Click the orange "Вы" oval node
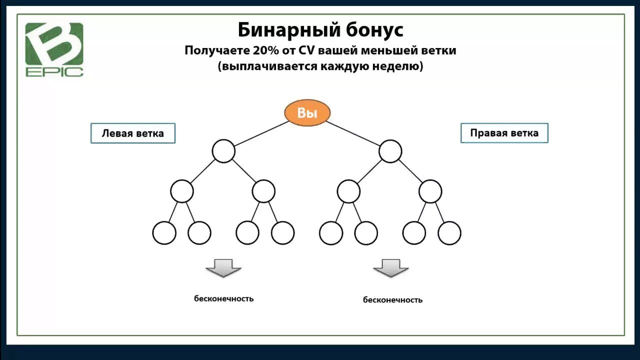(307, 113)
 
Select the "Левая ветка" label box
(132, 133)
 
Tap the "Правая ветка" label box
(504, 133)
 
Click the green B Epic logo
(54, 49)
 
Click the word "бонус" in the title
(374, 30)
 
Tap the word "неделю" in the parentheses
(398, 66)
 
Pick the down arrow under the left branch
(223, 268)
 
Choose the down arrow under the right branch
(391, 268)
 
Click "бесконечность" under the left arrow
(224, 298)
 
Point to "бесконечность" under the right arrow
(392, 300)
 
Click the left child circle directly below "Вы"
(223, 151)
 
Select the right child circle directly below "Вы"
(390, 151)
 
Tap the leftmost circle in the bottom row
(164, 233)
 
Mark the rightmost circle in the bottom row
(449, 233)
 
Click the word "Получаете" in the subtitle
(209, 50)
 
